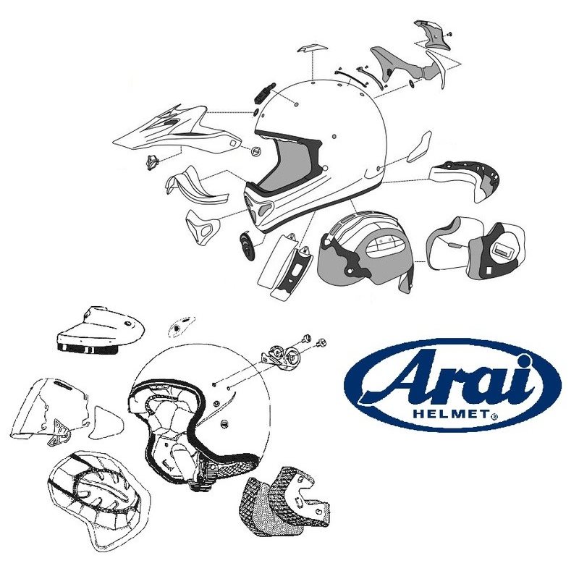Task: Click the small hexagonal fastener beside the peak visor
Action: pos(255,151)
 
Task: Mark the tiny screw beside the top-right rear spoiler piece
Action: pos(450,33)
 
